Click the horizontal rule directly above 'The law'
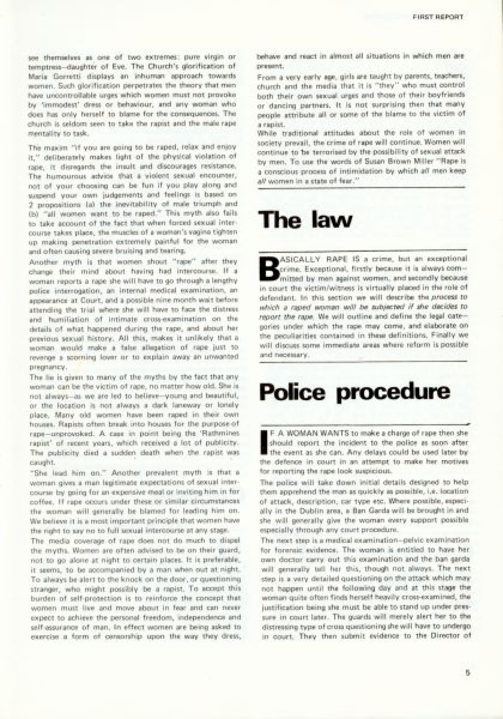[x=361, y=188]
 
